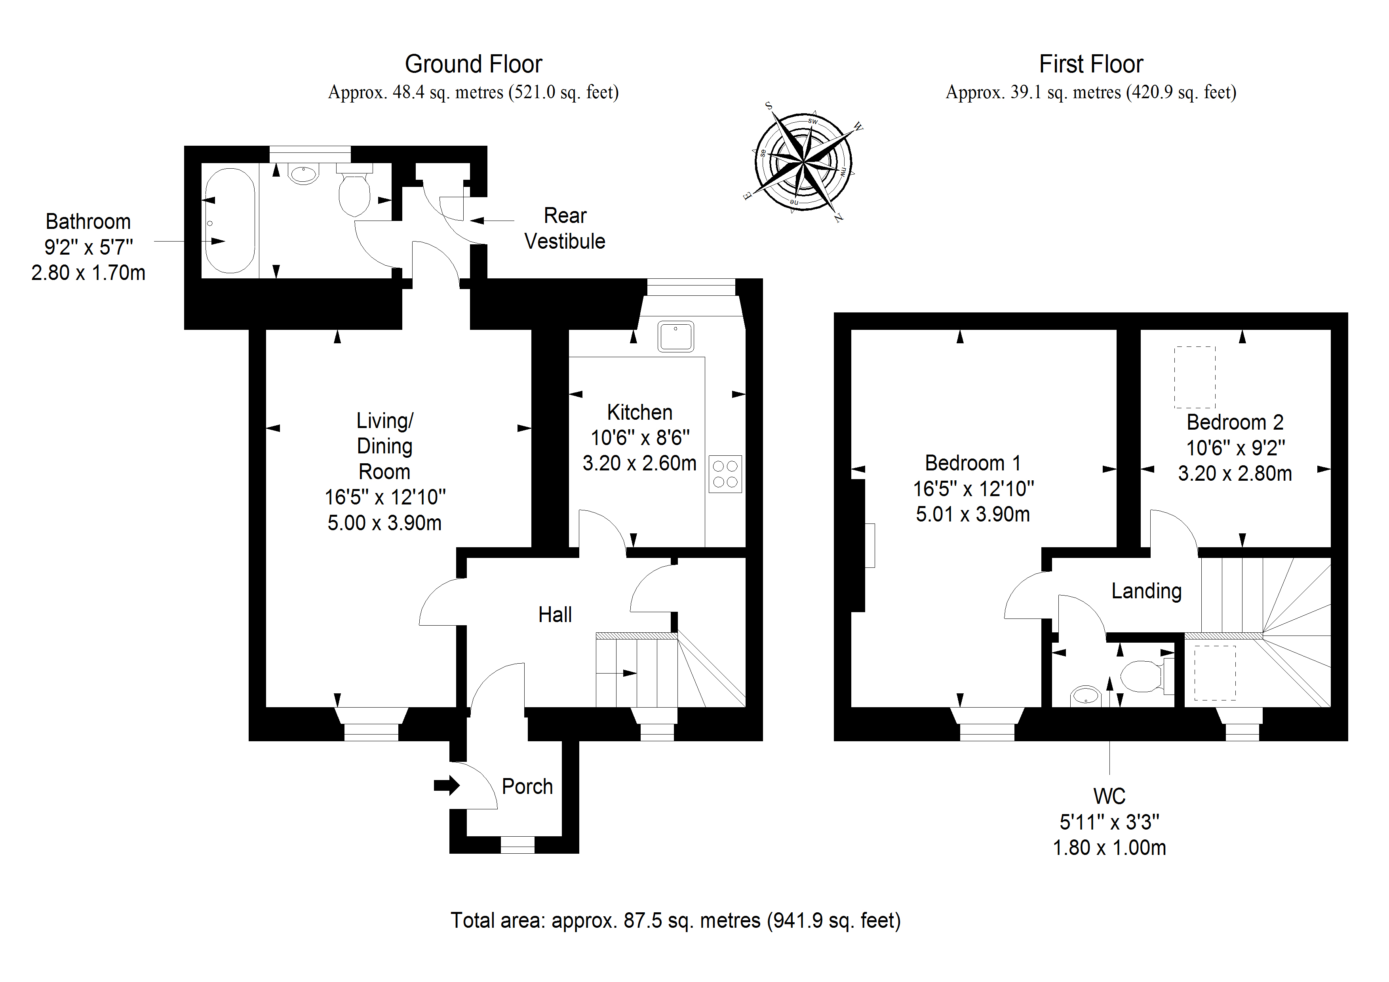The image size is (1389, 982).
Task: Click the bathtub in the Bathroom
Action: point(230,221)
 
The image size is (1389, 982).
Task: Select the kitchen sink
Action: point(676,337)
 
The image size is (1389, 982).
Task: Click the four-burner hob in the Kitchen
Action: point(725,474)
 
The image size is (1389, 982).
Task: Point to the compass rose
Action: point(803,162)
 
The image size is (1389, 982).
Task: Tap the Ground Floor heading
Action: point(473,64)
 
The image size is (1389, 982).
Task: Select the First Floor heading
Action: point(1091,64)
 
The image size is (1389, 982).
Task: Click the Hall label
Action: point(555,615)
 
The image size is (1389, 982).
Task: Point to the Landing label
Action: point(1146,591)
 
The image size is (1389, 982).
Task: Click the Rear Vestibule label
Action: point(565,229)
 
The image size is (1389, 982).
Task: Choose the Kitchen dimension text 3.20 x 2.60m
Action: point(639,463)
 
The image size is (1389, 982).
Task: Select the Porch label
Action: point(527,786)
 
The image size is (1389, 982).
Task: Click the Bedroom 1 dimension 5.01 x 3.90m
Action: point(972,514)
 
